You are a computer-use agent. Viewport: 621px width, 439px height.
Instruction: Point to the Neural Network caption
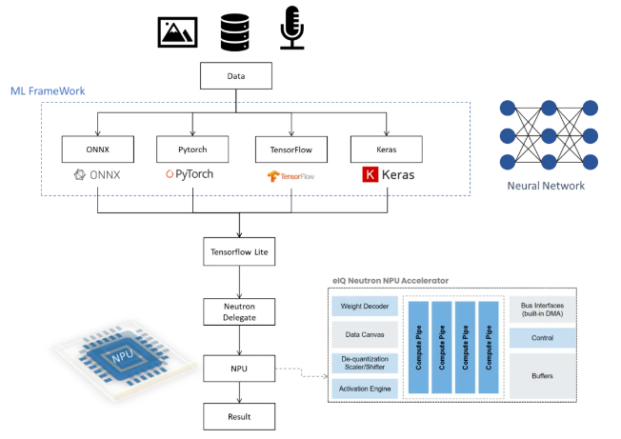tap(547, 185)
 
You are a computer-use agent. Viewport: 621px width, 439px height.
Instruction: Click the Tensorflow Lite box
tap(238, 254)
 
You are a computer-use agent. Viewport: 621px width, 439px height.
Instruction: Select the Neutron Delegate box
tap(238, 310)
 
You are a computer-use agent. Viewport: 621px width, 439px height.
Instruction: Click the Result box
tap(238, 415)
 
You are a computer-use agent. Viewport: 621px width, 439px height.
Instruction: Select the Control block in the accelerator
tap(542, 338)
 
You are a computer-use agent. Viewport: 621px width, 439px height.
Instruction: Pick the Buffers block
tap(542, 375)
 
